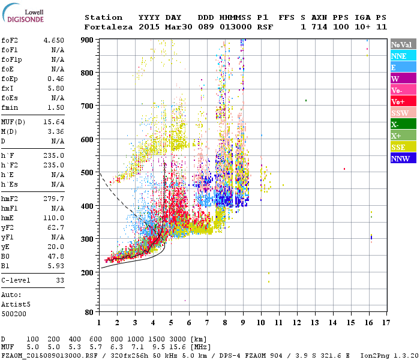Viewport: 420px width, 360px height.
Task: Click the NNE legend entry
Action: pos(399,56)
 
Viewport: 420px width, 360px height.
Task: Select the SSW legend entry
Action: pos(400,113)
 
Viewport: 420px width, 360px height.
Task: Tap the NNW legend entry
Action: pos(400,158)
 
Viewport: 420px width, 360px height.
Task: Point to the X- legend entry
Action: pos(395,124)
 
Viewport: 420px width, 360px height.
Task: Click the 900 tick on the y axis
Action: pos(88,40)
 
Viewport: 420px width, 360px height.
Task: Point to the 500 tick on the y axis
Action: pos(88,173)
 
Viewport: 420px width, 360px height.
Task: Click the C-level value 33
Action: pos(60,280)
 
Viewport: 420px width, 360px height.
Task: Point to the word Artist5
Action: pos(15,304)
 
